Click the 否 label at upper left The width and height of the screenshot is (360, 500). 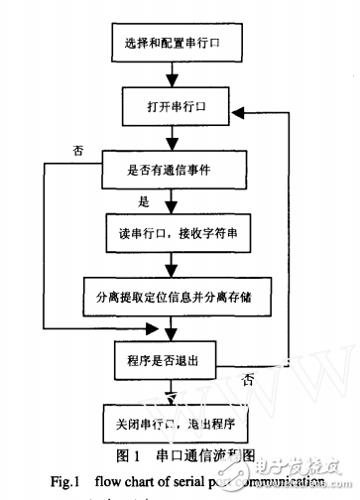(78, 150)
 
